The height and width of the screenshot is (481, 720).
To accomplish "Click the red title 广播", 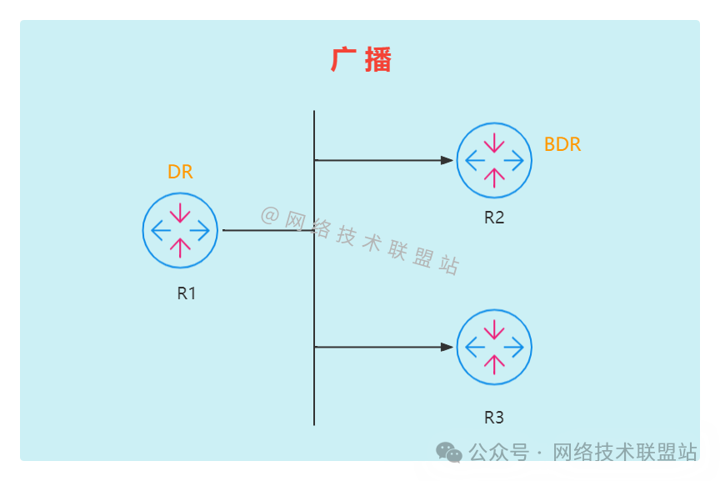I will click(361, 60).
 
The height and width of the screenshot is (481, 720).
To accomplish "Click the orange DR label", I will click(180, 173).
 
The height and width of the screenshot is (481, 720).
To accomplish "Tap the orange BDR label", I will click(562, 144).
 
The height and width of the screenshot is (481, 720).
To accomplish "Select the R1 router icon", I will click(180, 230).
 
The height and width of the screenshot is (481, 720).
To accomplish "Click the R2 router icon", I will click(494, 160).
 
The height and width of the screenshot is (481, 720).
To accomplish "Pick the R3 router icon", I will click(494, 347).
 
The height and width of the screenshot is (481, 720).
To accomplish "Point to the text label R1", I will click(186, 293).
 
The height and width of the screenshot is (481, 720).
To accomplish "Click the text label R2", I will click(494, 218).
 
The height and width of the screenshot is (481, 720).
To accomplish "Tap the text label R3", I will click(494, 417).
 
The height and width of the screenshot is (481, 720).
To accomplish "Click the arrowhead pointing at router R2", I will click(447, 160).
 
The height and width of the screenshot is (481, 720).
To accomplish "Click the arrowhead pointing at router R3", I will click(447, 347).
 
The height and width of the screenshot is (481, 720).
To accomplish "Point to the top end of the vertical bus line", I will click(314, 112).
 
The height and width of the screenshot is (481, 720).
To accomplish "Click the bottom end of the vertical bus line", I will click(314, 423).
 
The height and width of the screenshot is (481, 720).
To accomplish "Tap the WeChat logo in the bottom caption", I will click(449, 453).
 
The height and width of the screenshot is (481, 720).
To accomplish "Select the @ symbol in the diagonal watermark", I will click(269, 216).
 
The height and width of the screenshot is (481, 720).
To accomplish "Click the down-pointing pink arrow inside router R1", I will click(180, 214).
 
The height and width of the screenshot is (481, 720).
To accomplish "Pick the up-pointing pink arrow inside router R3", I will click(494, 363).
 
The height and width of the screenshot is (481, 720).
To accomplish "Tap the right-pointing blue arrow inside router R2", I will click(514, 160).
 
